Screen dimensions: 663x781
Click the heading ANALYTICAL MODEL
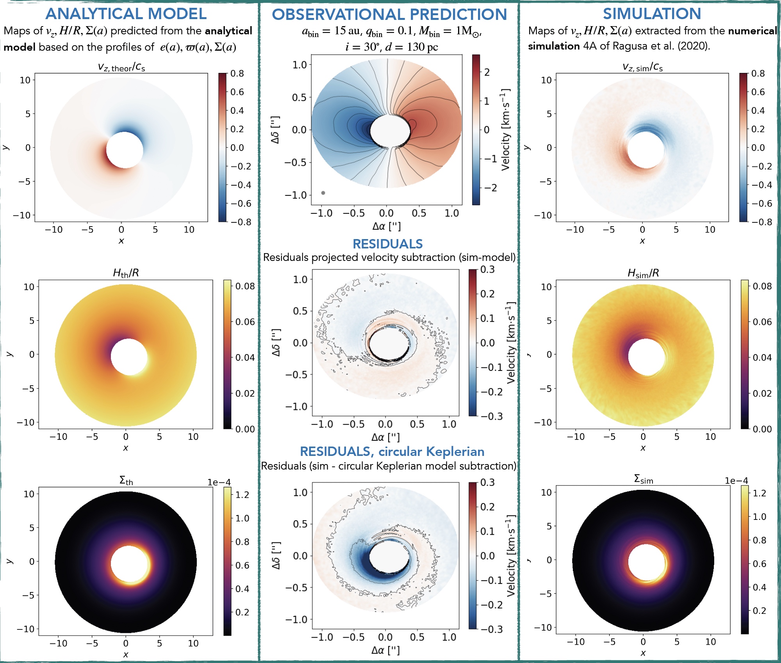point(126,14)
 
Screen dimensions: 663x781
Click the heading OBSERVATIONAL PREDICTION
point(389,14)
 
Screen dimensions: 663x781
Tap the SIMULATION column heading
point(652,14)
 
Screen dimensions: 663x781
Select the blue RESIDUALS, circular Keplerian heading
point(392,452)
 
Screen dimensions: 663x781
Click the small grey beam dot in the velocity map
point(323,193)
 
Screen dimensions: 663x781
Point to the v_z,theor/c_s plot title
point(121,67)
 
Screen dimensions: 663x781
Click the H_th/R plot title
point(126,273)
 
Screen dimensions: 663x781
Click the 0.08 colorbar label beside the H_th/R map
point(245,286)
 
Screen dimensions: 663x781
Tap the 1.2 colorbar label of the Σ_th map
point(242,495)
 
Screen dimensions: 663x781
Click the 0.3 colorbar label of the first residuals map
point(487,270)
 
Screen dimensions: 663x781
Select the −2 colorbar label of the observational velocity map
point(490,188)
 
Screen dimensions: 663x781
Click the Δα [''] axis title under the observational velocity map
point(386,226)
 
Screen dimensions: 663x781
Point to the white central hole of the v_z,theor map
point(125,150)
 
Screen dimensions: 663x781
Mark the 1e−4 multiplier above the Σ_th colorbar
point(219,482)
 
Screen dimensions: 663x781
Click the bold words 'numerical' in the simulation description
point(752,31)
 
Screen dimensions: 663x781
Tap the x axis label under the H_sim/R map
point(643,448)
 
